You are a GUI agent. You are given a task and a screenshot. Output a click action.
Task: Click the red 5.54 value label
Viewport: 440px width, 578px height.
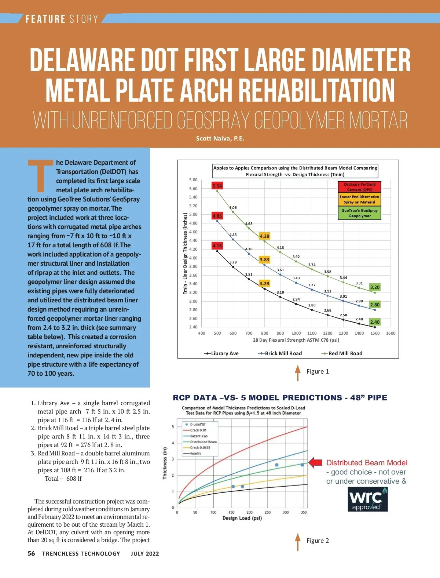[217, 186]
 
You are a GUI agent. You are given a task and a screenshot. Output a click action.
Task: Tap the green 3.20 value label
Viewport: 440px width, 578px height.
[375, 287]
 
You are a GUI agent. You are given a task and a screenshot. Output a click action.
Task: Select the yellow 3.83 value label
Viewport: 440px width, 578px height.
[264, 260]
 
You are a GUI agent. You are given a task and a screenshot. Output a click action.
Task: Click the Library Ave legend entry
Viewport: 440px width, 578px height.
[221, 353]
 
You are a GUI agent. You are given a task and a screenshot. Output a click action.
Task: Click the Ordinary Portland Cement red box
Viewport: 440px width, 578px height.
[359, 187]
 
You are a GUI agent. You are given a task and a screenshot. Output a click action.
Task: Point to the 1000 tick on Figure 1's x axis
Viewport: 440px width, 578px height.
[296, 333]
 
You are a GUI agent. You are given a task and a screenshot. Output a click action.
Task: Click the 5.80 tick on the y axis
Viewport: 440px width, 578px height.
[193, 180]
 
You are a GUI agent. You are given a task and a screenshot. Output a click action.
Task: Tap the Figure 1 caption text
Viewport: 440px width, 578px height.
[318, 371]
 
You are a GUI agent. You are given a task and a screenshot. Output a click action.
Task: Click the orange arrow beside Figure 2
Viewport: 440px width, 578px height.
[298, 542]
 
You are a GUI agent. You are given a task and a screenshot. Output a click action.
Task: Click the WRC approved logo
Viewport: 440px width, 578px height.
[368, 499]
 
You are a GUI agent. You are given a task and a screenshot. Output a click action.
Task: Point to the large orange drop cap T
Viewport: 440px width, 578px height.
[41, 175]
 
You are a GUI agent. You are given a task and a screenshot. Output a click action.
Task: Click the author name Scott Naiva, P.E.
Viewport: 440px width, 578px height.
[220, 138]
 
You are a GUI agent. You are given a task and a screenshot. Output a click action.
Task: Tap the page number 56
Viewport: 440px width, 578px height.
[32, 553]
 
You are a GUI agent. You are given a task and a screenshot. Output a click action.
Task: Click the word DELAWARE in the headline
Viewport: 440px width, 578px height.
[82, 61]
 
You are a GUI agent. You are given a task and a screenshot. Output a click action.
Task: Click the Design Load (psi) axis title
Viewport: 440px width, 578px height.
[242, 518]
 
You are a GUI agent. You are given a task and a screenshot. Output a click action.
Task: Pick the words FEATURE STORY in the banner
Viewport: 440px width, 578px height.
[62, 19]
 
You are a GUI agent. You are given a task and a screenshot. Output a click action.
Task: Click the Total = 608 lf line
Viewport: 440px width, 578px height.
[63, 479]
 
